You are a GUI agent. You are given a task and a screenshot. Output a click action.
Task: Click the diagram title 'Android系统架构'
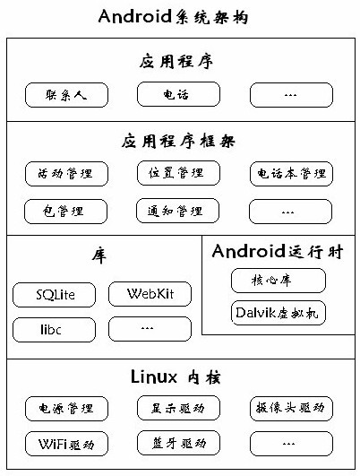(x=173, y=16)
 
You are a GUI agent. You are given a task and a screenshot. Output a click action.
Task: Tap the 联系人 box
(x=66, y=95)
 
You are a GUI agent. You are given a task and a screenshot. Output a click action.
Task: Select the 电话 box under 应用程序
(x=178, y=94)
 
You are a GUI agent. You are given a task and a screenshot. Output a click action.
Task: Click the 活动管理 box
(x=66, y=174)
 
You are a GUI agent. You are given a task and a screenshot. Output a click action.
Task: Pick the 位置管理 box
(x=178, y=173)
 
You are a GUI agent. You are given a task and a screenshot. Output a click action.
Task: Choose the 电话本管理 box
(x=291, y=174)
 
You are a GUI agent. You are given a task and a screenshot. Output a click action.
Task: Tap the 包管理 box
(x=65, y=212)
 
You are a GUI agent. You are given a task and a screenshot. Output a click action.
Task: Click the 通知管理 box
(x=177, y=211)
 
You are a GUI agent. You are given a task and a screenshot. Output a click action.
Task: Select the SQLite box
(x=54, y=295)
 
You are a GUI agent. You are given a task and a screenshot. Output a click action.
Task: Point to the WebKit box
(x=150, y=294)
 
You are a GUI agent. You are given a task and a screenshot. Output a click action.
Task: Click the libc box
(x=54, y=330)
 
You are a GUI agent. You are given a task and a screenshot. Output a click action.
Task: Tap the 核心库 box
(x=279, y=281)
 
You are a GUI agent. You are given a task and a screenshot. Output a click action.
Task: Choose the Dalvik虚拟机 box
(x=279, y=313)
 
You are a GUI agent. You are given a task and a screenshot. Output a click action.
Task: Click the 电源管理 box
(x=66, y=409)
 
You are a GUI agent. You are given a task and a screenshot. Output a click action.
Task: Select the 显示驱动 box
(x=178, y=408)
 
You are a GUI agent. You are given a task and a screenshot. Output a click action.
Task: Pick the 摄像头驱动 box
(x=291, y=409)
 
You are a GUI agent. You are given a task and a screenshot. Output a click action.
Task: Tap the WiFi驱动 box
(x=66, y=444)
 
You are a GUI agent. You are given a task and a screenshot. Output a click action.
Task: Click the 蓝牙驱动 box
(x=178, y=443)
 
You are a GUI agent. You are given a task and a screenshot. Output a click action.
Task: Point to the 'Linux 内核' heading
(x=176, y=377)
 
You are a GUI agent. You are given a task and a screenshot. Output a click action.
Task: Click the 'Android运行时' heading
(x=278, y=251)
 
